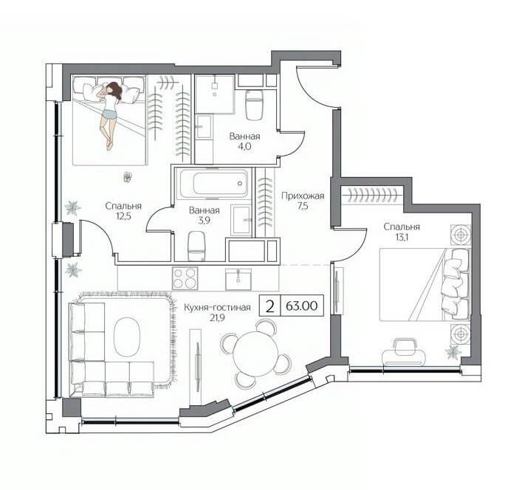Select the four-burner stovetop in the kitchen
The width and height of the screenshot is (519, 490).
185,278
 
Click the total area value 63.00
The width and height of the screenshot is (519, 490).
301,306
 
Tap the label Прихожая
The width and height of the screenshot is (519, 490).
303,196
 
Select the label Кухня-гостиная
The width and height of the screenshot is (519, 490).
217,308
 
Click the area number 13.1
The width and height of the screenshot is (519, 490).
402,237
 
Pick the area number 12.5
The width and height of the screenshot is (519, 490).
123,216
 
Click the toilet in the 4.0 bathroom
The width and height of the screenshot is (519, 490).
254,104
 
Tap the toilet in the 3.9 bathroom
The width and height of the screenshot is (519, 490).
197,246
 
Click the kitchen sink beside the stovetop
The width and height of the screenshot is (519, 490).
238,279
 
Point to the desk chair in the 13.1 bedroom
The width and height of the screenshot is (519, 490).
403,353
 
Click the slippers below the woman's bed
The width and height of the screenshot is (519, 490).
128,177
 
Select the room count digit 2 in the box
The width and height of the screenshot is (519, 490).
270,306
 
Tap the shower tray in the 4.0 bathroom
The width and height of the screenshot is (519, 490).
215,94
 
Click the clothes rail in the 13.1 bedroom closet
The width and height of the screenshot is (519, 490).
373,196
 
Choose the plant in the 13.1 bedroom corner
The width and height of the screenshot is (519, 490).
453,351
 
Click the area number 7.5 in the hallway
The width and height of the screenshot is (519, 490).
303,206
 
